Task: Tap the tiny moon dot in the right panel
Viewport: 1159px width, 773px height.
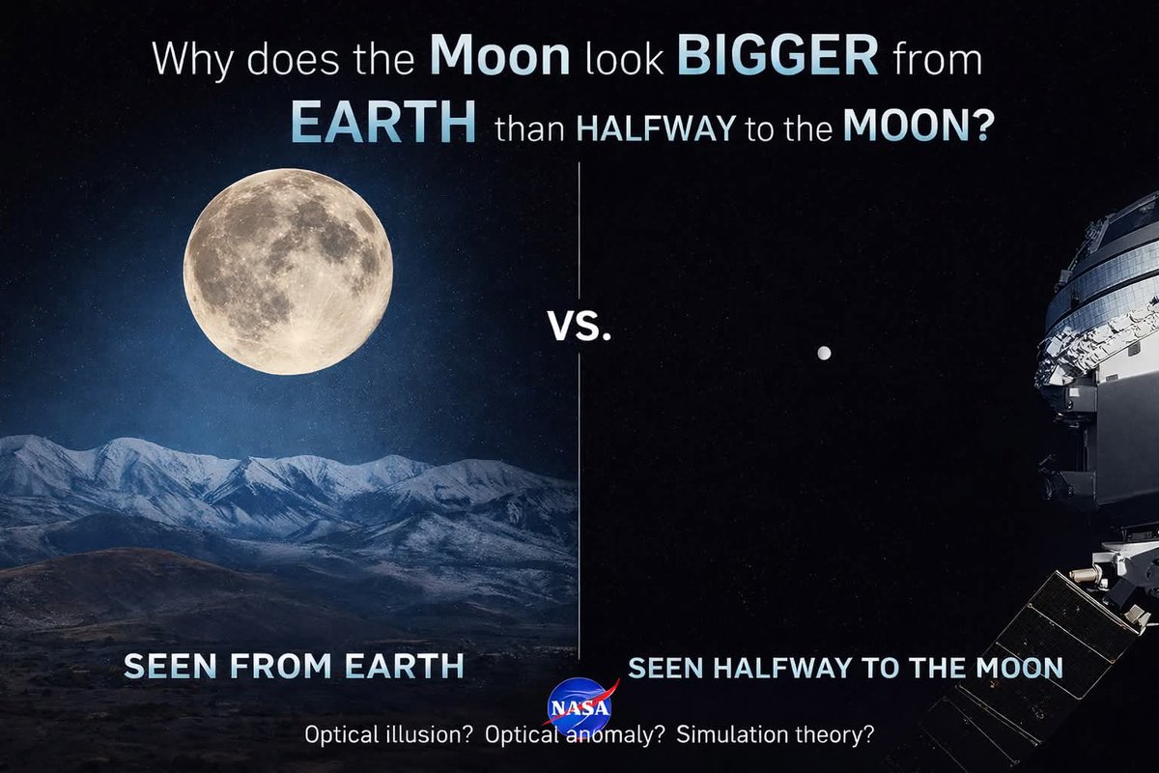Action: pos(823,354)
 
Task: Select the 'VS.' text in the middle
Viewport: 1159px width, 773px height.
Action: pos(579,329)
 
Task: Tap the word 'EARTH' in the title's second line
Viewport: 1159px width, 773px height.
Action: pos(383,125)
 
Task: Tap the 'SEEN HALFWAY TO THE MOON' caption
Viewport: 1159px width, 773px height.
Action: pos(845,668)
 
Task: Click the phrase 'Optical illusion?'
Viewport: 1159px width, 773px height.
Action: pos(388,734)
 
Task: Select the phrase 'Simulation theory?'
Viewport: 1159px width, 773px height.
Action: pos(776,734)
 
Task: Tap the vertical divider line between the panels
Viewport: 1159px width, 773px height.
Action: pos(579,483)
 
